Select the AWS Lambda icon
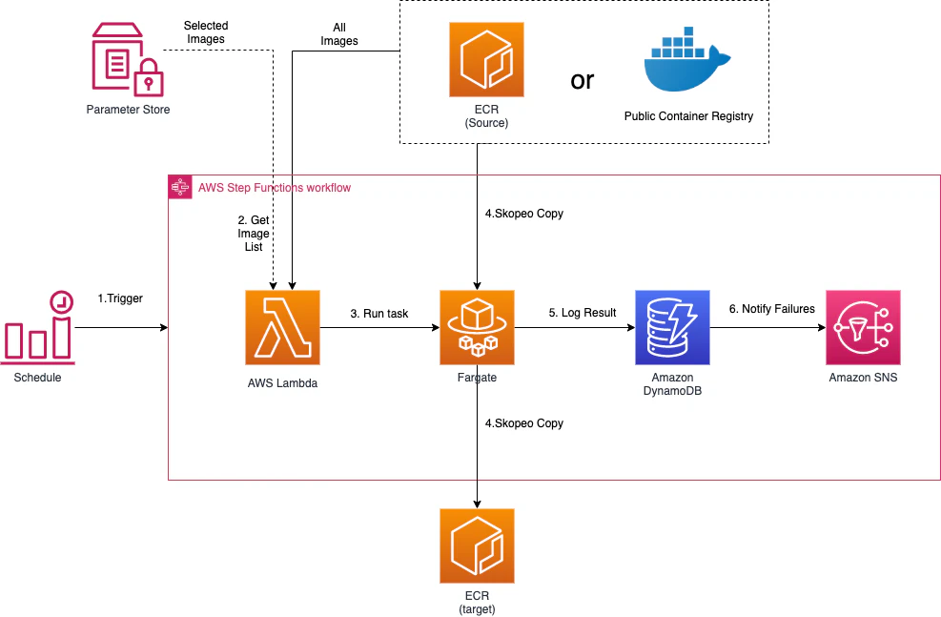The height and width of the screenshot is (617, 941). click(x=282, y=327)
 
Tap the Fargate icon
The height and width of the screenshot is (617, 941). click(x=477, y=327)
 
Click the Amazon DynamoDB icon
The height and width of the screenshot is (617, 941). click(x=673, y=327)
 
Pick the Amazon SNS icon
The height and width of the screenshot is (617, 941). click(x=863, y=327)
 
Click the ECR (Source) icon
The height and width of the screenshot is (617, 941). click(x=486, y=60)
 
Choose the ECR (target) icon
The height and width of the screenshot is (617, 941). click(x=477, y=545)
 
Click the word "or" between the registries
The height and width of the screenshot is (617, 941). click(x=583, y=80)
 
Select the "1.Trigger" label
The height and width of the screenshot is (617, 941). click(x=120, y=298)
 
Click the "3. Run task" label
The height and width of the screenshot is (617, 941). click(x=379, y=313)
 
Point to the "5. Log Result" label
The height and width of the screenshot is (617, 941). click(x=583, y=313)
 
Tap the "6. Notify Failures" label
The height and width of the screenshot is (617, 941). click(x=771, y=309)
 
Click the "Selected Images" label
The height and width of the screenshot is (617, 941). click(x=206, y=32)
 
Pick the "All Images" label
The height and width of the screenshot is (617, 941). click(x=339, y=34)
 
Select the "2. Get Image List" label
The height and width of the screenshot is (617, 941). click(x=254, y=234)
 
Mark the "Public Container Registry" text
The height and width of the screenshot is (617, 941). click(x=688, y=116)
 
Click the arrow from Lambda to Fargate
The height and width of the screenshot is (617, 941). click(x=379, y=328)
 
